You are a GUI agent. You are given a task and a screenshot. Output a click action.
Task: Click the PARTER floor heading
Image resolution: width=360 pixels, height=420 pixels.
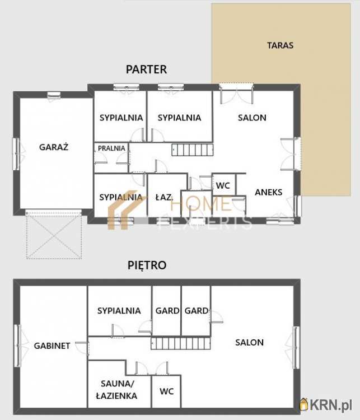tap(146, 69)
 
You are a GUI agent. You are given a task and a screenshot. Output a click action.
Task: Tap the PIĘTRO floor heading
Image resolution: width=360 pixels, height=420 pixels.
tap(147, 265)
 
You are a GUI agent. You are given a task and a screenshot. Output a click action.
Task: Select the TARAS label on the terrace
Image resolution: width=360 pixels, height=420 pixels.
tap(280, 45)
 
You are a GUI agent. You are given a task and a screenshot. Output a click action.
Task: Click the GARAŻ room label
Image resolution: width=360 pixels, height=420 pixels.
tap(54, 147)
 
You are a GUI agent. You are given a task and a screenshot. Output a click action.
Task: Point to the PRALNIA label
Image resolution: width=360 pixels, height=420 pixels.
tap(111, 148)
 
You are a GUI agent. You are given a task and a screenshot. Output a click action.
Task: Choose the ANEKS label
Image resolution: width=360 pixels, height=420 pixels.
tap(268, 192)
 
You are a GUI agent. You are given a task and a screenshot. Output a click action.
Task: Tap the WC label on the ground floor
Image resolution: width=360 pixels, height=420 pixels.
tap(223, 185)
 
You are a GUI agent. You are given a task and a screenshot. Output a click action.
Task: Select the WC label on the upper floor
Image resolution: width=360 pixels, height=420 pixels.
tap(167, 391)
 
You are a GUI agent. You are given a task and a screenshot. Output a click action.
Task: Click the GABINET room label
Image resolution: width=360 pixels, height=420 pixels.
tap(52, 346)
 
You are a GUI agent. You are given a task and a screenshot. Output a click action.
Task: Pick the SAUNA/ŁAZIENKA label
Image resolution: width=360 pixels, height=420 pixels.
tap(116, 389)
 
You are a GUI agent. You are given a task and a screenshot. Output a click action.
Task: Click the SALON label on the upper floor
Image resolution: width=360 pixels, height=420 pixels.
tap(249, 342)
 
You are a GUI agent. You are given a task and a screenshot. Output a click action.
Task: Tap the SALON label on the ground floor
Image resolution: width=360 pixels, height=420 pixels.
tap(252, 118)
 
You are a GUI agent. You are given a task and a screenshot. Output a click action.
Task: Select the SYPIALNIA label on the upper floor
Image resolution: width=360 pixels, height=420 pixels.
tap(119, 310)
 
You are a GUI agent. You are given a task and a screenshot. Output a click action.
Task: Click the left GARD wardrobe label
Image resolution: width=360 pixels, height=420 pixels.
tap(167, 310)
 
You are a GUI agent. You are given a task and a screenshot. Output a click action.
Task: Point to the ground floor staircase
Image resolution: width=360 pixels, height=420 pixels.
tap(193, 150)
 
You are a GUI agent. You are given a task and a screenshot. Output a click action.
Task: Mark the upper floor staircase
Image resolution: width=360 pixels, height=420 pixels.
tap(181, 343)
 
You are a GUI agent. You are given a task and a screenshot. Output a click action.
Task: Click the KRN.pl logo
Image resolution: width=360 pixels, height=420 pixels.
tap(326, 404)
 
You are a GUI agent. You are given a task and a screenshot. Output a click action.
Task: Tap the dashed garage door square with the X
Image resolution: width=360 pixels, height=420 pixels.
tap(54, 235)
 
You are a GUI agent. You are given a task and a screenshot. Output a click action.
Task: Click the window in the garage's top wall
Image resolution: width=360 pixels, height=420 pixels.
tap(54, 95)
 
